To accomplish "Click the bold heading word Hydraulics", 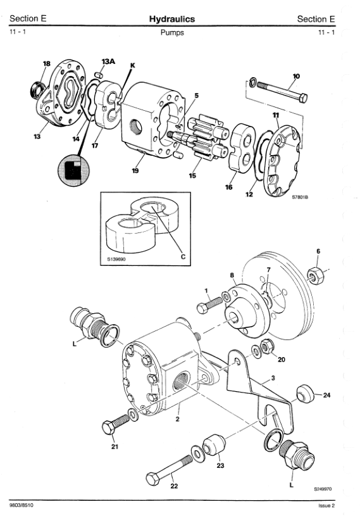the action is [172, 19].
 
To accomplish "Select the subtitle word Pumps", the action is [172, 32].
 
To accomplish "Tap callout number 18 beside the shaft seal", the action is [47, 63].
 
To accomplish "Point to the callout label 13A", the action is [108, 61].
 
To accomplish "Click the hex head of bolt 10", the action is [304, 98].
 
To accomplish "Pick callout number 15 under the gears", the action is [192, 175].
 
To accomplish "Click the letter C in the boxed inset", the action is [183, 256].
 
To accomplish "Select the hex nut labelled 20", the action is [267, 346].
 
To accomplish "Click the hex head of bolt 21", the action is [109, 427].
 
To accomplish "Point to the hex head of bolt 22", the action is [153, 479].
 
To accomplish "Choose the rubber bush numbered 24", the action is [305, 393].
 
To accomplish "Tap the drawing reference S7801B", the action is [300, 198].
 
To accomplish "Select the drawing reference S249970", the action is [323, 489].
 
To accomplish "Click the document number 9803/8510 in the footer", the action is [22, 505].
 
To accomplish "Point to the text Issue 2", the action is [326, 506].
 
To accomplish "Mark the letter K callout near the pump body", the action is [132, 65].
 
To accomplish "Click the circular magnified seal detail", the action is [73, 171].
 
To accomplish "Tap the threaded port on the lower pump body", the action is [181, 381].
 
